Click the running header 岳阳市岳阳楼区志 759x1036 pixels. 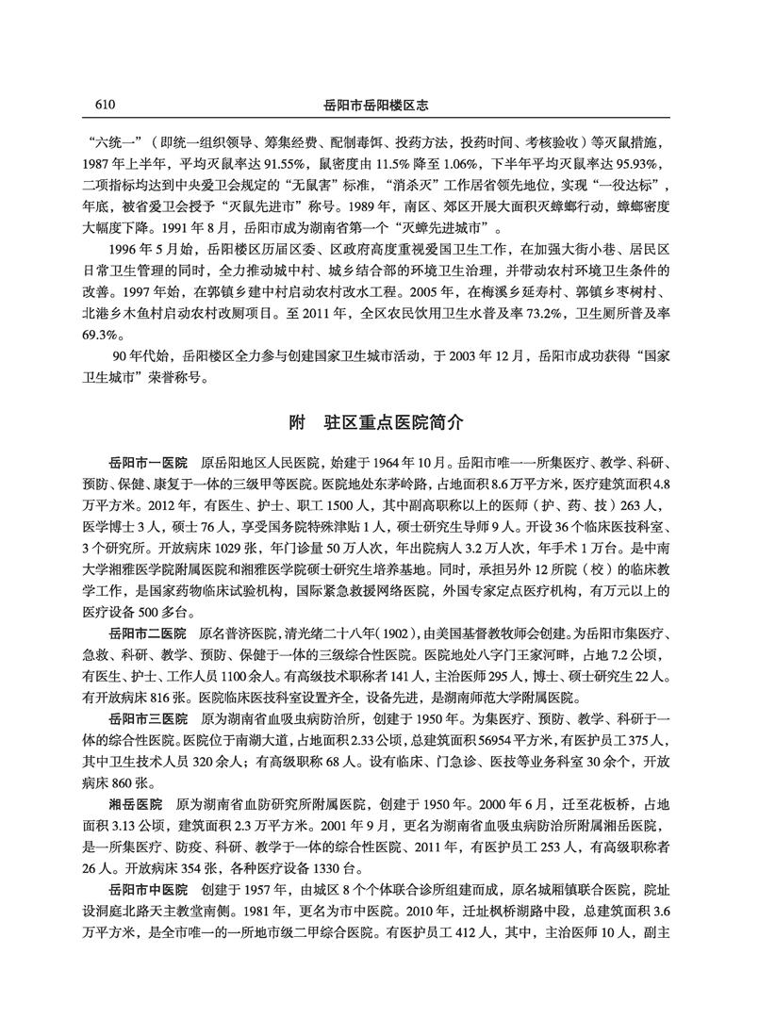(x=379, y=105)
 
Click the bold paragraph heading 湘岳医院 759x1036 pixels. (x=136, y=803)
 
